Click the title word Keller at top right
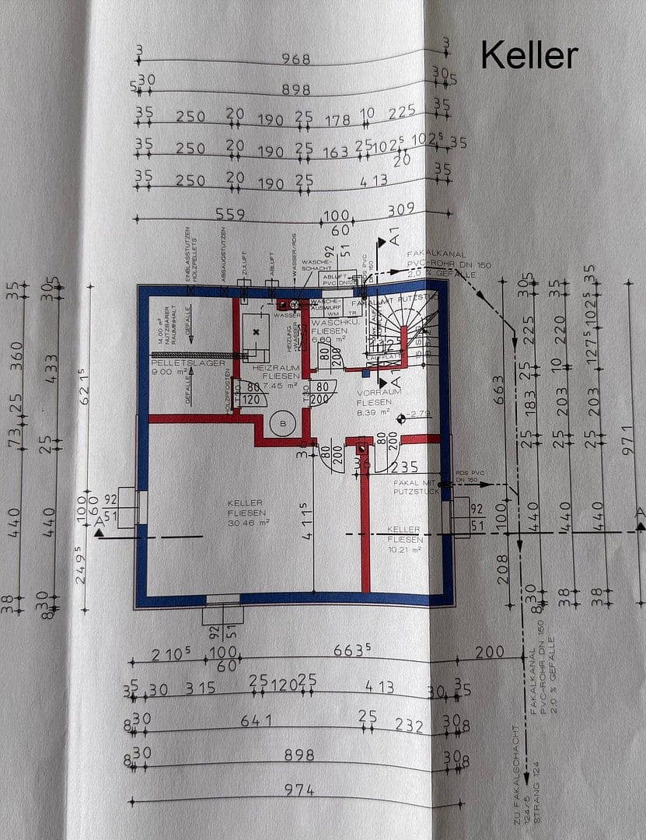(529, 55)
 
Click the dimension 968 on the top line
(295, 60)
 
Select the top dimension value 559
(230, 215)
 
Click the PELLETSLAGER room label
(188, 363)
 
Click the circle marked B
(281, 424)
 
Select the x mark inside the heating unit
(256, 332)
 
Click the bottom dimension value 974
(299, 790)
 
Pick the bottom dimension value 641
(257, 720)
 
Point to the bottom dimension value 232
(409, 725)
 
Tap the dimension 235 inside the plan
(405, 467)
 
